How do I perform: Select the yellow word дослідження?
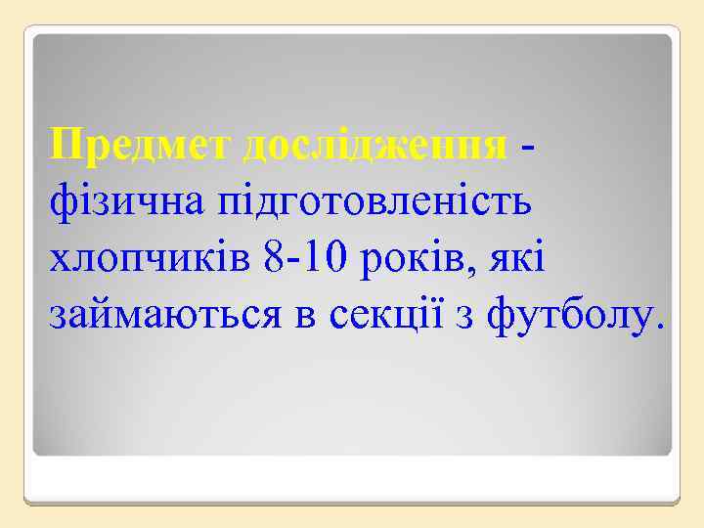pyautogui.click(x=374, y=146)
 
